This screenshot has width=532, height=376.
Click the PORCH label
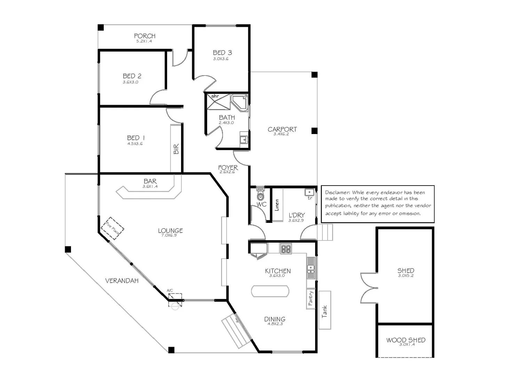click(x=144, y=36)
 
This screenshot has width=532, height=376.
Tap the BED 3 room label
click(x=222, y=53)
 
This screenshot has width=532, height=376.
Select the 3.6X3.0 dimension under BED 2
click(x=131, y=82)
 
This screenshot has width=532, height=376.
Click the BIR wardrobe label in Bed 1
click(x=176, y=149)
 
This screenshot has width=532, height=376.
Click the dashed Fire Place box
click(x=112, y=228)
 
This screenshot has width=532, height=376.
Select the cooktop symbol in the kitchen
click(x=286, y=249)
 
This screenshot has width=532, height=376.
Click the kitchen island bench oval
click(x=270, y=291)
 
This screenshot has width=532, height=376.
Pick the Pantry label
click(x=311, y=298)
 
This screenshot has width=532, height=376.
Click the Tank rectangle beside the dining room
click(x=324, y=311)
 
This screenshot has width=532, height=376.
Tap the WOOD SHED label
click(x=406, y=340)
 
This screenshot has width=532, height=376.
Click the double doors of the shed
click(x=369, y=288)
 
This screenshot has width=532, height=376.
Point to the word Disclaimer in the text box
click(x=337, y=192)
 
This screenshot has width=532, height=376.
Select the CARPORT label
click(x=282, y=129)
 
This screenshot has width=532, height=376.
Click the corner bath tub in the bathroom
click(x=240, y=102)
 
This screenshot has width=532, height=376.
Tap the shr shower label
click(x=215, y=96)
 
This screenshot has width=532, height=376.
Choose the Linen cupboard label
click(x=277, y=205)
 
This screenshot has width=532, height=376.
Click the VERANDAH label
click(x=122, y=281)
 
